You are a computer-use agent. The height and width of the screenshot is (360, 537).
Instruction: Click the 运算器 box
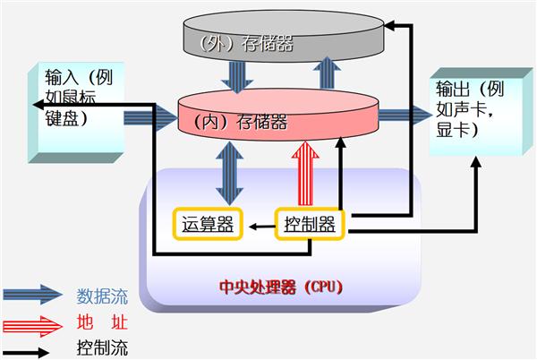(x=208, y=225)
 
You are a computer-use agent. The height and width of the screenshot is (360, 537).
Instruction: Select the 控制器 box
(x=310, y=225)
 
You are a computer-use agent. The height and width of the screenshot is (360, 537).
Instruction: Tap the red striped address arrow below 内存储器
(x=305, y=174)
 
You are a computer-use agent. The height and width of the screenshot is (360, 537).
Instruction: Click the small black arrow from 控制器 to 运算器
(x=262, y=227)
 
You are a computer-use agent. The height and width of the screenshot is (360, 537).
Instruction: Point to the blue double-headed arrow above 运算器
(x=229, y=174)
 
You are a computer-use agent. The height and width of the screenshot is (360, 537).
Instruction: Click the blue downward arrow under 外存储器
(x=237, y=77)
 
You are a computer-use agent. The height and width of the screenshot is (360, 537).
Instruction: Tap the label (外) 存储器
(x=246, y=43)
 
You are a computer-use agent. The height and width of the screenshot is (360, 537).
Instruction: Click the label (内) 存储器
(x=241, y=123)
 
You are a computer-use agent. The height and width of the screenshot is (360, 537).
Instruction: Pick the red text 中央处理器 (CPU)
(x=281, y=287)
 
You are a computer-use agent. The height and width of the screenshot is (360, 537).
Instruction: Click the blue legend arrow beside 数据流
(x=33, y=295)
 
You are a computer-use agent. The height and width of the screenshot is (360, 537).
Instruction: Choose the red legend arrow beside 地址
(x=33, y=327)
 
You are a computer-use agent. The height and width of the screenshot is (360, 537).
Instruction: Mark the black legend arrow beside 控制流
(x=26, y=353)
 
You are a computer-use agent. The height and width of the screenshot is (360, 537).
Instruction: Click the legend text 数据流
(x=102, y=296)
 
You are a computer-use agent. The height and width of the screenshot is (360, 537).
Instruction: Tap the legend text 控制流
(x=102, y=348)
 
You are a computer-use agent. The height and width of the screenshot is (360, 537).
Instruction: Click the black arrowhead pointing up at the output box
(x=476, y=162)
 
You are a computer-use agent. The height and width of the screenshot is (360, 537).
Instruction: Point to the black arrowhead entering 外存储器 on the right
(x=389, y=25)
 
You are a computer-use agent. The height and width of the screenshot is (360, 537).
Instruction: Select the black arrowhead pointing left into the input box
(x=38, y=105)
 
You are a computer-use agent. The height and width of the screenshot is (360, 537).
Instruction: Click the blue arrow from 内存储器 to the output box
(x=405, y=116)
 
